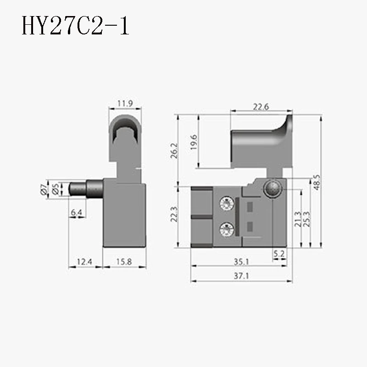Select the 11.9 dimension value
click(x=125, y=104)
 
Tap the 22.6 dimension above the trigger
click(x=261, y=107)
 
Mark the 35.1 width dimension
click(x=241, y=262)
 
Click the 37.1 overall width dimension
click(x=241, y=277)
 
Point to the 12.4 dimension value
click(x=84, y=262)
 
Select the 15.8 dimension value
click(x=124, y=262)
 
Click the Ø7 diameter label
click(x=44, y=190)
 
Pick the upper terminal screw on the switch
click(x=226, y=202)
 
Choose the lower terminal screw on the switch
click(x=226, y=228)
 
